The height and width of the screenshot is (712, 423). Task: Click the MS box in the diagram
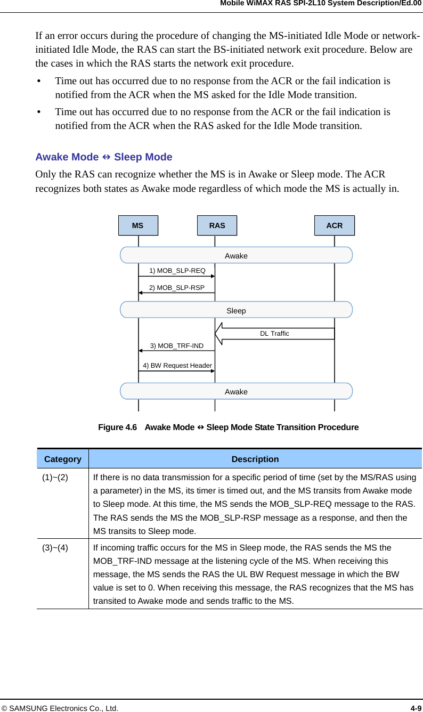click(x=138, y=225)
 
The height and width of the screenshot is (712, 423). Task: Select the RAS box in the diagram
click(x=217, y=225)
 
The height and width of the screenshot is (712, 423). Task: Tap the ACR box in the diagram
click(x=334, y=225)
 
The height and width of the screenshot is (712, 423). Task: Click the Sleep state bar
click(x=236, y=310)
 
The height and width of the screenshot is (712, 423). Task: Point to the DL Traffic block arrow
click(x=274, y=334)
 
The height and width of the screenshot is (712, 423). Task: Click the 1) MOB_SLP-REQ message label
click(x=177, y=271)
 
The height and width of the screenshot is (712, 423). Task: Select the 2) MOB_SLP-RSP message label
click(x=176, y=288)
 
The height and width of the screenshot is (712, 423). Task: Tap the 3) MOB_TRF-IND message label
click(x=176, y=346)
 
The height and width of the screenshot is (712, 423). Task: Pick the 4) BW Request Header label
click(x=177, y=366)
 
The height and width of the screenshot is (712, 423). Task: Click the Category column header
click(x=63, y=459)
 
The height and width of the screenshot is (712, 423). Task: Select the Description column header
click(x=255, y=459)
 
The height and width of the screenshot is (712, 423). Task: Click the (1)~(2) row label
click(x=55, y=477)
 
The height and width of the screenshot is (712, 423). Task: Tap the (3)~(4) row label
click(x=55, y=547)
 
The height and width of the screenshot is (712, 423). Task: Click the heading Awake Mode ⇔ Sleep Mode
click(x=103, y=157)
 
